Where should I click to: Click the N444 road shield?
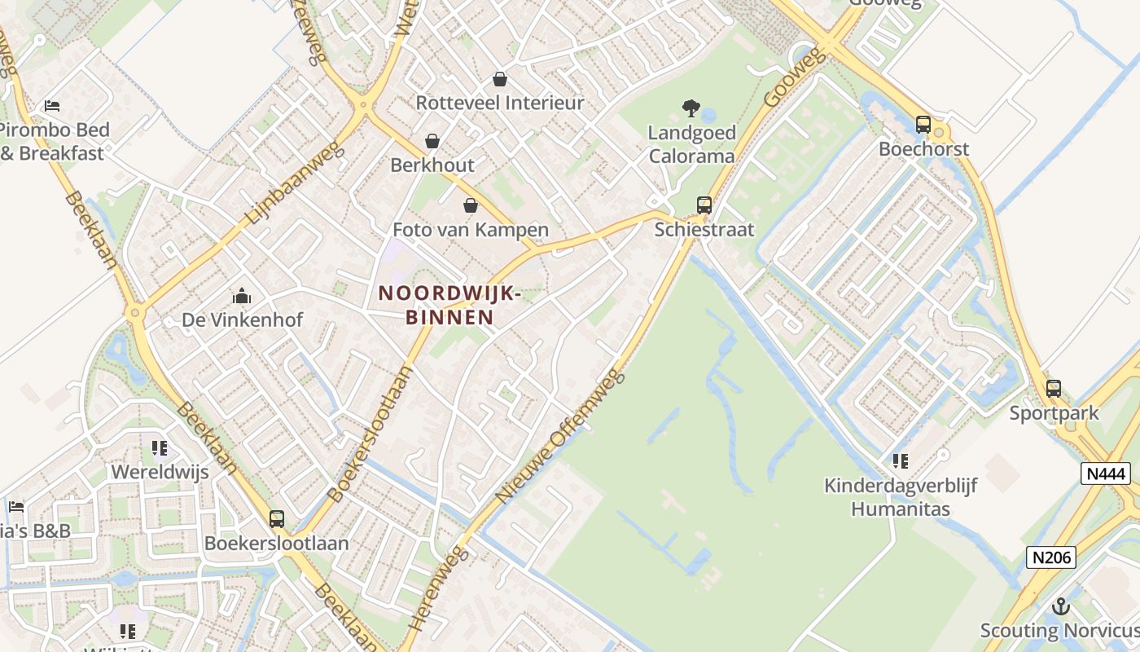tap(1105, 473)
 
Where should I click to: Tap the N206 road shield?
tap(1050, 557)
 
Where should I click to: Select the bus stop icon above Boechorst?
tap(923, 125)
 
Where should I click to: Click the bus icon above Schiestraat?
tap(704, 205)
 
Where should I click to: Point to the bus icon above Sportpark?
tap(1054, 389)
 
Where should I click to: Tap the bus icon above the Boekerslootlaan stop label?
tap(277, 519)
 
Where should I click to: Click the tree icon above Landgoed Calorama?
tap(691, 108)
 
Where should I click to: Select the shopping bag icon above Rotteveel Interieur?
tap(500, 79)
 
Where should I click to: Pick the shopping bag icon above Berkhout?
tap(432, 141)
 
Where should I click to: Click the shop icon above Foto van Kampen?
tap(470, 205)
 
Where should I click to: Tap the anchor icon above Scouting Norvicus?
tap(1060, 606)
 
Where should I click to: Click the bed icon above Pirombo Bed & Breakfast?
tap(52, 106)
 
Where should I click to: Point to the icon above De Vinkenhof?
tap(242, 296)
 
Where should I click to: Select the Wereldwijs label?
tap(160, 472)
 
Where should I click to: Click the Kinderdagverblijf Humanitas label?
tap(901, 497)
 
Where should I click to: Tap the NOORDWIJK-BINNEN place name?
tap(449, 305)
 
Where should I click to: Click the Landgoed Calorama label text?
tap(691, 144)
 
